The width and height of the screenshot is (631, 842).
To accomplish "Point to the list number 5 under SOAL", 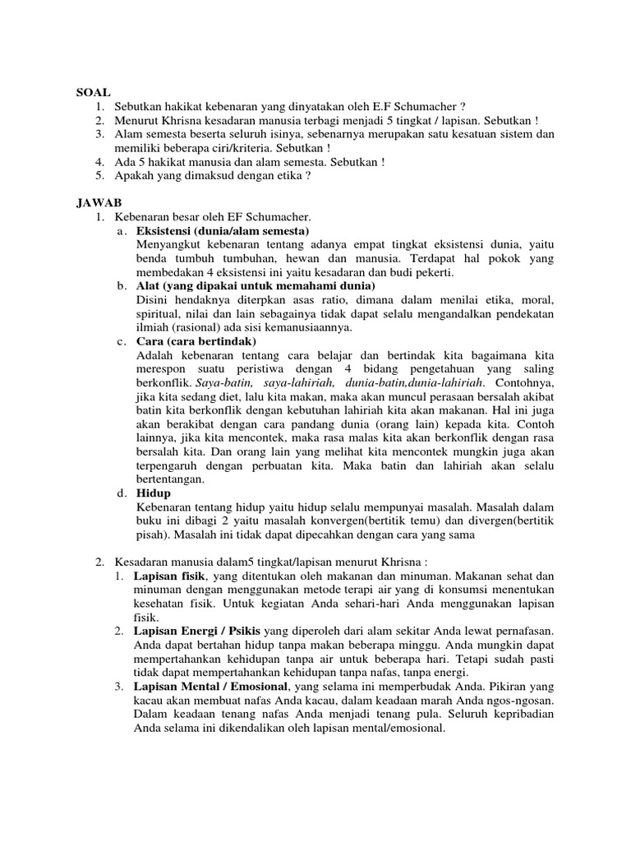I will click(x=100, y=175).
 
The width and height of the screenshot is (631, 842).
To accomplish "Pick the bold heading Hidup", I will click(x=154, y=493).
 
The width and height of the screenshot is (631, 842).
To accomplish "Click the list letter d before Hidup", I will click(x=121, y=493).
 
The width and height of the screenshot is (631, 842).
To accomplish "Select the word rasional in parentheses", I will click(x=197, y=327).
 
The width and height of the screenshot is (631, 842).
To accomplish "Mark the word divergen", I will click(x=473, y=520).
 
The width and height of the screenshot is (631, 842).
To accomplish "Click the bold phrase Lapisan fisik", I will click(x=171, y=575).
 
